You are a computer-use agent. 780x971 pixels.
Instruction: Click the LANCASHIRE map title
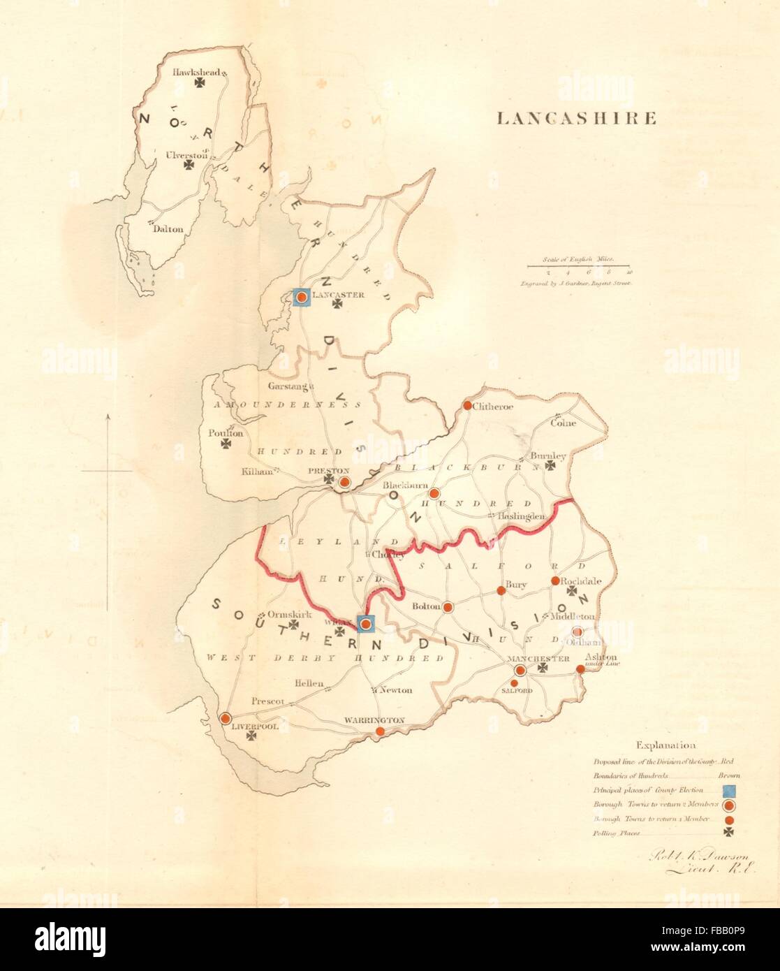point(576,118)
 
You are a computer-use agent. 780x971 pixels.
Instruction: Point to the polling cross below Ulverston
point(188,165)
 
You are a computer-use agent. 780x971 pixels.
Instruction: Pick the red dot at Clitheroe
point(467,405)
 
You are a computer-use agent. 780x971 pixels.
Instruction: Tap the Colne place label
point(563,423)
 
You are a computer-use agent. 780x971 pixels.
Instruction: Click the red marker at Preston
point(343,482)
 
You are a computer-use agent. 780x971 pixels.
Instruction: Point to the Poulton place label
point(225,433)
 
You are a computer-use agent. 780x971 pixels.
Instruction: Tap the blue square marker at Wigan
point(365,624)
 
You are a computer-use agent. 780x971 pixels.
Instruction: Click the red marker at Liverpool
point(226,718)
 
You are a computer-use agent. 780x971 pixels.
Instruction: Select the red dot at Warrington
point(380,731)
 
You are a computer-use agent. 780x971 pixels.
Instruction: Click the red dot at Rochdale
point(555,581)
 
